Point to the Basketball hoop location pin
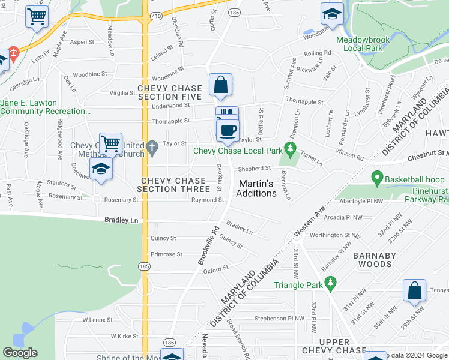[377, 178]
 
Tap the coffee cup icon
[227, 131]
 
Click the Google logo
[20, 353]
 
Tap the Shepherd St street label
[255, 169]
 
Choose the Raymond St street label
[207, 200]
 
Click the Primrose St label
[166, 254]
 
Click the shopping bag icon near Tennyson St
[414, 291]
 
